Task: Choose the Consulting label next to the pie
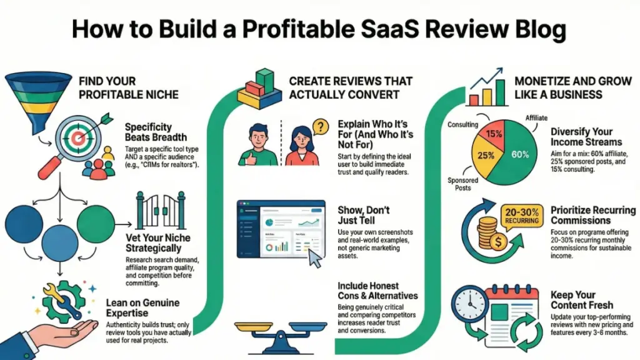tap(462, 125)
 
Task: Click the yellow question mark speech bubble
tap(319, 127)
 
